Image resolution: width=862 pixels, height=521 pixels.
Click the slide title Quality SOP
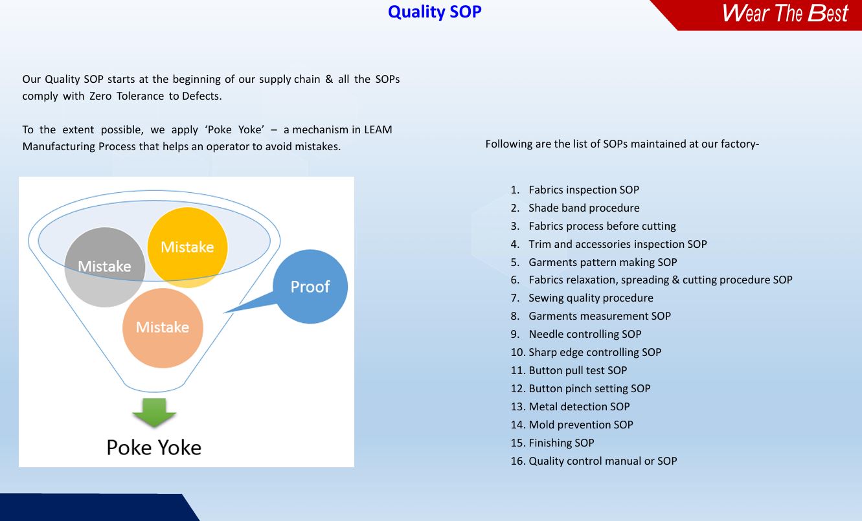(435, 12)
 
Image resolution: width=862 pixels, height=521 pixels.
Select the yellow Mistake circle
(187, 247)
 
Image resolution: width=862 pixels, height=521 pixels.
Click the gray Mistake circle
(105, 267)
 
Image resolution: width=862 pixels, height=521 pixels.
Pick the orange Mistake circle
(163, 328)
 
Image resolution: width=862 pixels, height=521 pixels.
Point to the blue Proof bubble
(310, 287)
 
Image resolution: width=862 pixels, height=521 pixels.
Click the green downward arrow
(154, 412)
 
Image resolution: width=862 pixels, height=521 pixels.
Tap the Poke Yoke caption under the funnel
(154, 448)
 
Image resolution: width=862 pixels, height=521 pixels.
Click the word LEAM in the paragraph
(378, 129)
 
